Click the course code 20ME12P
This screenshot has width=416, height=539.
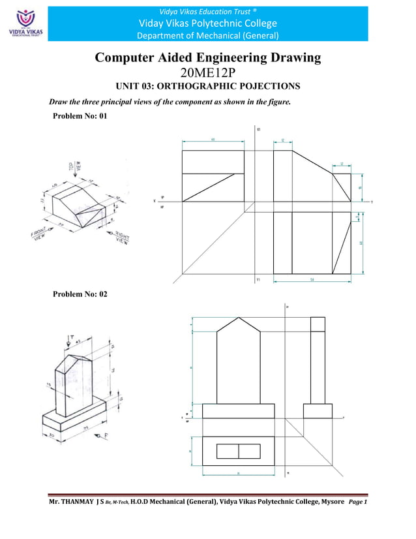tap(208, 72)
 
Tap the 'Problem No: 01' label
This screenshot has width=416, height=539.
tap(79, 116)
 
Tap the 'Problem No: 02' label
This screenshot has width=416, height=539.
tap(80, 294)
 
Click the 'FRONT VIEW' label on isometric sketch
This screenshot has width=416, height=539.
tap(40, 235)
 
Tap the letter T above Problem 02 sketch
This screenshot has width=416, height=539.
tap(69, 335)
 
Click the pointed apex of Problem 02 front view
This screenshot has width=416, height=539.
tap(239, 318)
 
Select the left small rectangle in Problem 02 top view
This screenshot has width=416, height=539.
tap(227, 451)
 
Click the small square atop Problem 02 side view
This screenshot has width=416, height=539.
tap(318, 324)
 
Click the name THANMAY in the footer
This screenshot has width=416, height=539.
tap(77, 502)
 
